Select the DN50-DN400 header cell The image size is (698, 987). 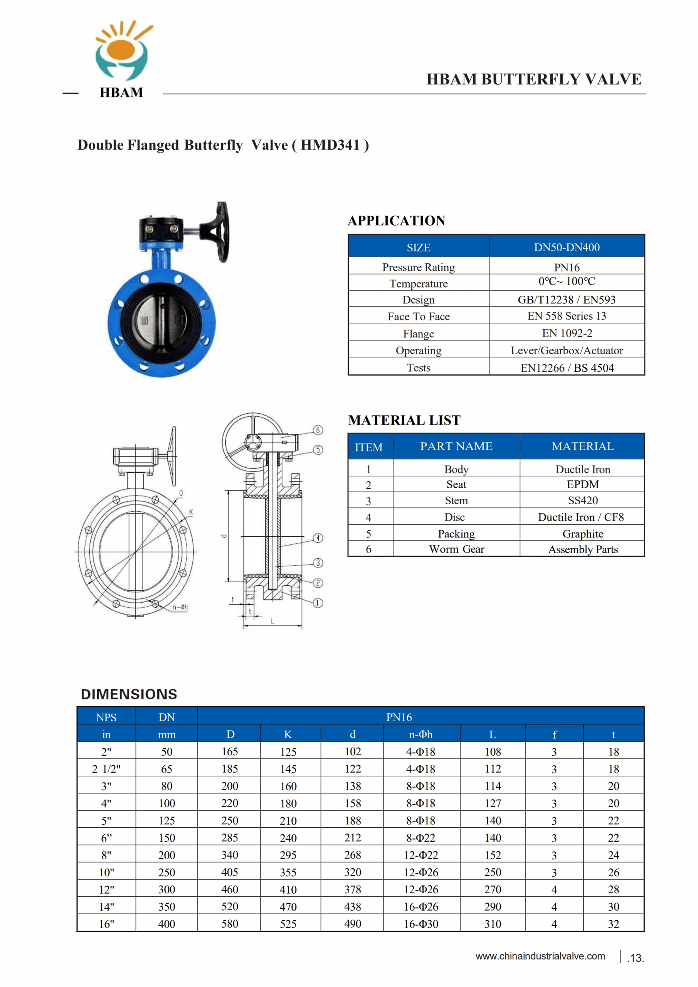pos(567,247)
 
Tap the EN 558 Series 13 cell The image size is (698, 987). pos(567,316)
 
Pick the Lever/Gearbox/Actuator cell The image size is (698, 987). pos(567,350)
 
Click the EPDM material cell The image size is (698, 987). pos(582,485)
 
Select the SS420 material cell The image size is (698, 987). pos(582,500)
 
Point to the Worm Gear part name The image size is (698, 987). pos(456,549)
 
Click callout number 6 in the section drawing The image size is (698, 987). pos(318,430)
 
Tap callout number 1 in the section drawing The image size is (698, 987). pos(318,603)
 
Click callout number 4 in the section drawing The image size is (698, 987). pos(318,538)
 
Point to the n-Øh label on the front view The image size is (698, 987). pos(180,607)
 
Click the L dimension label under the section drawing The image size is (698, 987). pos(272,621)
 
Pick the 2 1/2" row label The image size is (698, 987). pos(106,769)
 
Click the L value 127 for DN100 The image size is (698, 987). pos(493,803)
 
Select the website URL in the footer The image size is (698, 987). pos(540,956)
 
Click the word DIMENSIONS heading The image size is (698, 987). pos(129,694)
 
